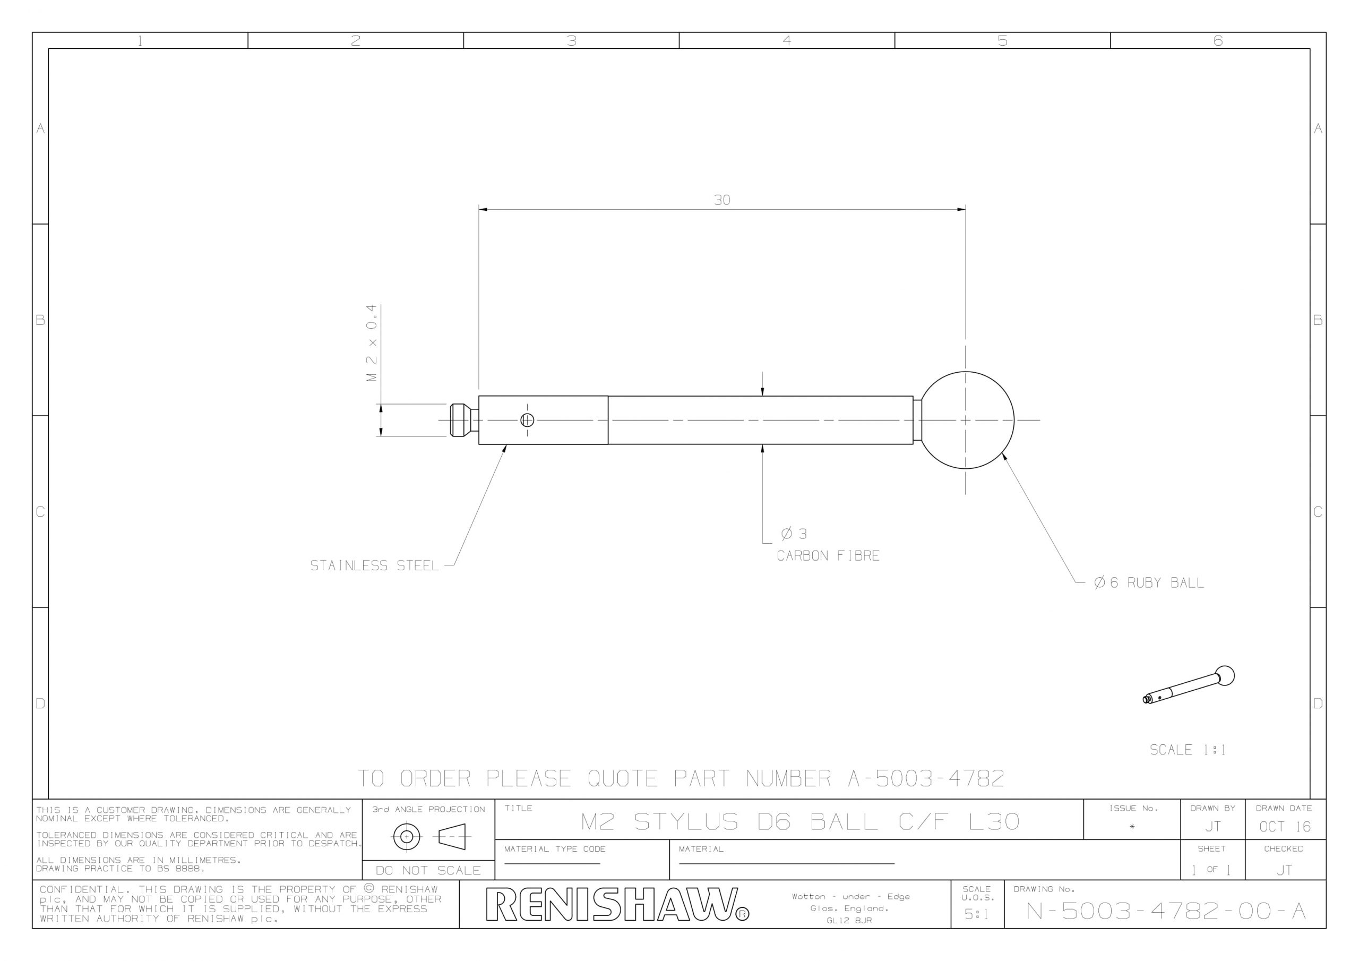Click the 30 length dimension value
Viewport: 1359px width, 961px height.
(x=721, y=200)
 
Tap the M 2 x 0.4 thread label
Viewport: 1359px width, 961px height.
(x=372, y=343)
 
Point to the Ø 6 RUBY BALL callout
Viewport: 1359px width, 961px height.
(x=1148, y=582)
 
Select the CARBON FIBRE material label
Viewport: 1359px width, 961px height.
(x=828, y=555)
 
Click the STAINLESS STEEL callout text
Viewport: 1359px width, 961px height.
(x=375, y=565)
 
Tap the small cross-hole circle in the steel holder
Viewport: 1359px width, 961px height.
(x=527, y=420)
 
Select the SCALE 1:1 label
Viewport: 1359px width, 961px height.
(x=1188, y=750)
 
